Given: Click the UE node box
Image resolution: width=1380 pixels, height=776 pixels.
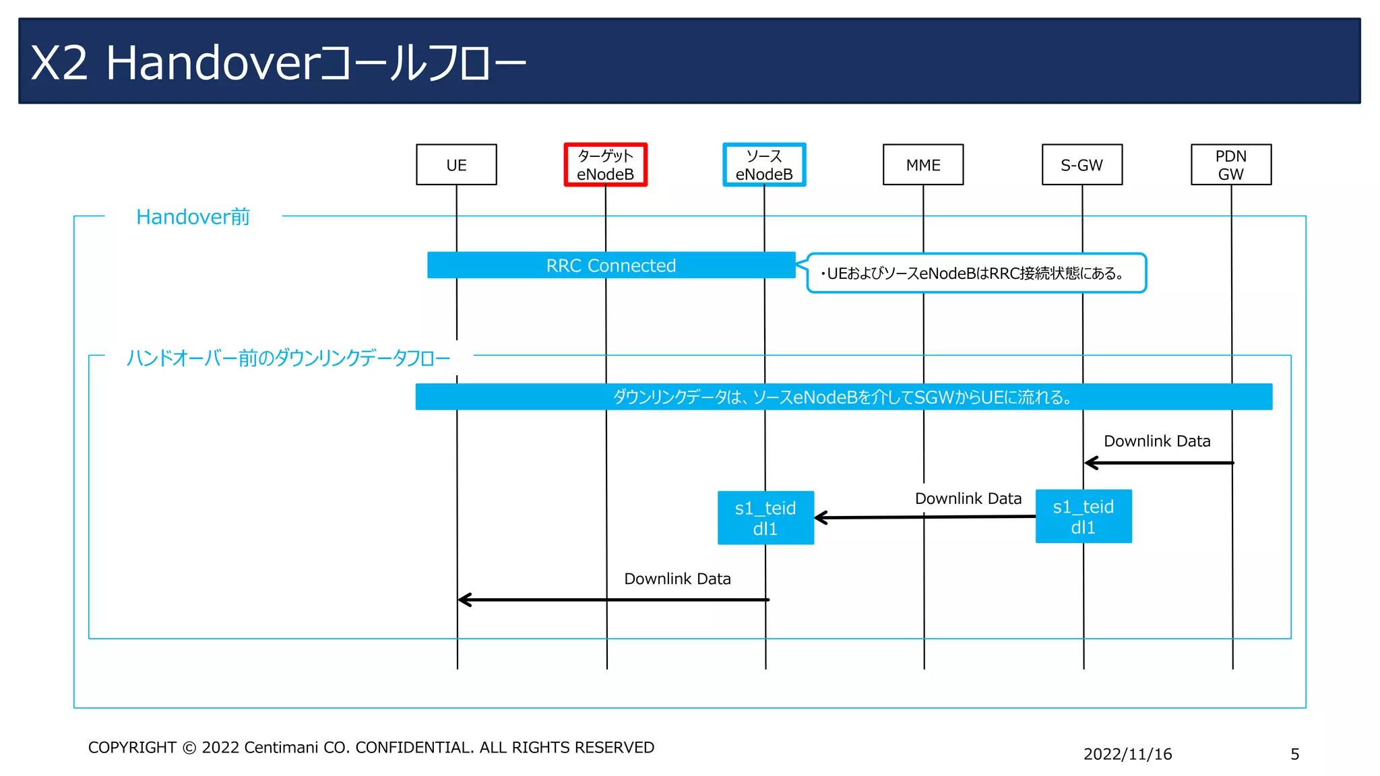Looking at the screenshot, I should (456, 164).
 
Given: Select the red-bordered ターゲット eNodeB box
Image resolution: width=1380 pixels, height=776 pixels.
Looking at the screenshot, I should (605, 164).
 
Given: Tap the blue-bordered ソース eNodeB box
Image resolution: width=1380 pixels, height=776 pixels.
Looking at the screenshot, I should (764, 164).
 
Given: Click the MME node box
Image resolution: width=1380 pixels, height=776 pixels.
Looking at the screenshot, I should (923, 164).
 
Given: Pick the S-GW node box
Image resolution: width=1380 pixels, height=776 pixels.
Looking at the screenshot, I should (1082, 164).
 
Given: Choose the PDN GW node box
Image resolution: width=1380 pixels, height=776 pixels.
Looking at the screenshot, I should (1231, 164).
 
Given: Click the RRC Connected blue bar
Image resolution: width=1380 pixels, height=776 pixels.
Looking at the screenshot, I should (610, 265).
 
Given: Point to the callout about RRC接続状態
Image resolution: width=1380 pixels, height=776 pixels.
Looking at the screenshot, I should (976, 273).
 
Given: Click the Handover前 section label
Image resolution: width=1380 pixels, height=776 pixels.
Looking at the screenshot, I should (193, 217).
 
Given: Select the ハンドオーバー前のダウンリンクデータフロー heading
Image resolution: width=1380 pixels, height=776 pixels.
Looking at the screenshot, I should (288, 358).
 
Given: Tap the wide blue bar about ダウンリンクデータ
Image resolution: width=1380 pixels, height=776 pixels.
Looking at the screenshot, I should (844, 397).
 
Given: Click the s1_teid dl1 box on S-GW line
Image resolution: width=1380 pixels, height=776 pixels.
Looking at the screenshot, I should (1084, 517).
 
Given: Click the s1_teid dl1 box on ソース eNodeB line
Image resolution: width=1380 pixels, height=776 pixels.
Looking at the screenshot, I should (765, 518).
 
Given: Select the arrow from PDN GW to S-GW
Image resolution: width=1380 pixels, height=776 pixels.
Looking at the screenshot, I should (1159, 463).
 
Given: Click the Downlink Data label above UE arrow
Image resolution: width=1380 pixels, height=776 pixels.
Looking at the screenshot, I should (677, 579).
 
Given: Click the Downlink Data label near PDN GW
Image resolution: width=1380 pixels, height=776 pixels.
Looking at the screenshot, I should (1157, 441).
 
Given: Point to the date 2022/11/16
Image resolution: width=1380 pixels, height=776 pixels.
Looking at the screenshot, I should (1127, 754).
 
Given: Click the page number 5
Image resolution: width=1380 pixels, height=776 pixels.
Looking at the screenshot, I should (1294, 754).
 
